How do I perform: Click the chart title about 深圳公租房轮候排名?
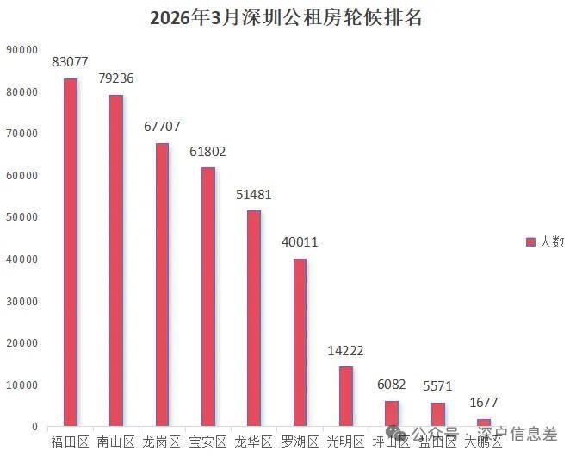[287, 17]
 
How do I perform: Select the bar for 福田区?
[71, 252]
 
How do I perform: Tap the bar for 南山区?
[116, 260]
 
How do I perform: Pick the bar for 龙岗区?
[162, 285]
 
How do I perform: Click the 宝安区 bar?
[207, 297]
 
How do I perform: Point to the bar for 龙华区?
[253, 318]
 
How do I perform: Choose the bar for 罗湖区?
[300, 342]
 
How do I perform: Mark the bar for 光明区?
[345, 396]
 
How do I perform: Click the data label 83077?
[71, 62]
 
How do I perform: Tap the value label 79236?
[116, 78]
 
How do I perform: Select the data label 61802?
[207, 152]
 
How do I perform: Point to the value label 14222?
[345, 351]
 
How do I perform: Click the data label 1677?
[483, 403]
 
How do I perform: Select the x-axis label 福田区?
[71, 442]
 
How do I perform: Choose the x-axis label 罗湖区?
[300, 442]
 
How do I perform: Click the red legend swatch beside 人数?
[530, 242]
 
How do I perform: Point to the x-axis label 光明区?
[345, 442]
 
